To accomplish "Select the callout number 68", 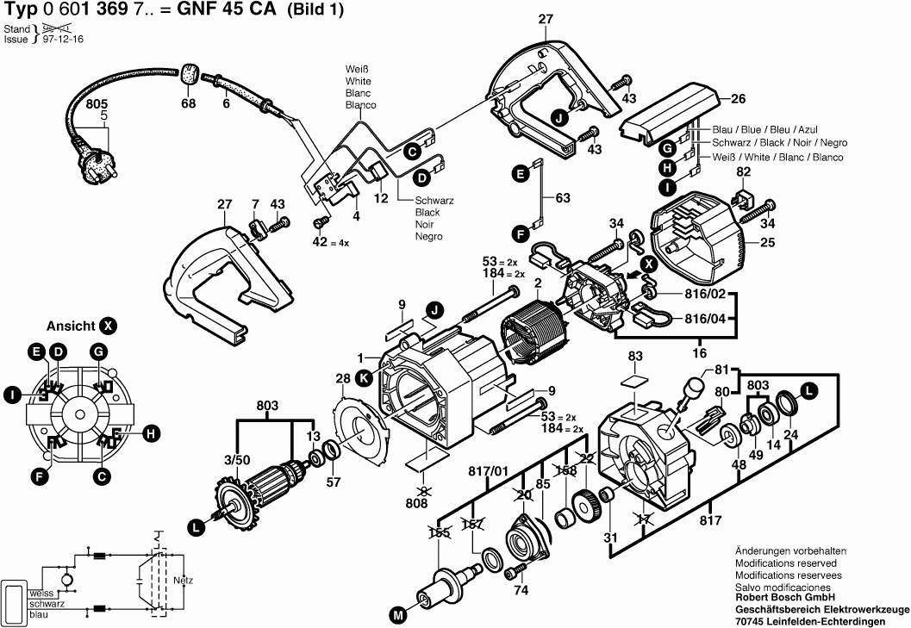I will pos(188,103).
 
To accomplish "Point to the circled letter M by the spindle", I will pos(397,615).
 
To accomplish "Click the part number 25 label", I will pos(766,243).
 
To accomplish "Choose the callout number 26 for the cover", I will pos(738,97).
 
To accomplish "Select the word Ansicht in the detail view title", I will pos(71,326).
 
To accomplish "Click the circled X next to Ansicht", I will pos(108,326).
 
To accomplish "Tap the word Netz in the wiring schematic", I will pos(183,580).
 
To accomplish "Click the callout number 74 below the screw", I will pos(521,591).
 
